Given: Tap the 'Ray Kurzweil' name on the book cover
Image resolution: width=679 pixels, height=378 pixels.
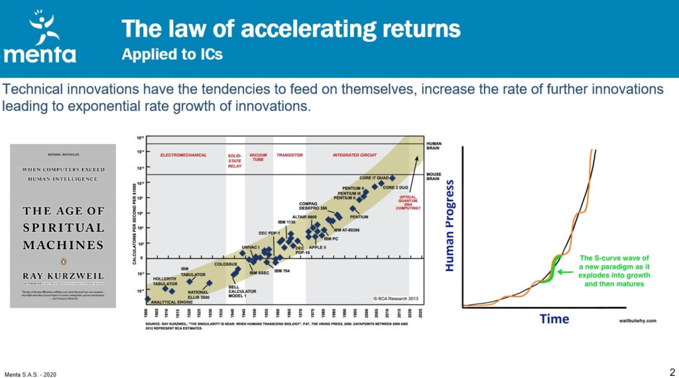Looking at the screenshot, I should pyautogui.click(x=63, y=274).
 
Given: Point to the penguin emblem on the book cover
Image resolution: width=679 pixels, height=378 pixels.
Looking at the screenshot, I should pyautogui.click(x=62, y=260).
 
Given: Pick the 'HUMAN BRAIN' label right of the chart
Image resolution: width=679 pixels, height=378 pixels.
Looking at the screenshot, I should pyautogui.click(x=434, y=145).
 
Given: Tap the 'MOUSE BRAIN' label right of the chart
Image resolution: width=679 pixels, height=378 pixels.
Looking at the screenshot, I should pyautogui.click(x=434, y=177).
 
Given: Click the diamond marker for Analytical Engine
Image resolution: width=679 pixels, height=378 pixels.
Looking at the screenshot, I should pyautogui.click(x=147, y=299).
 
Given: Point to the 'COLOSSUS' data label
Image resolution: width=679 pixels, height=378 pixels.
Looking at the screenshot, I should pyautogui.click(x=225, y=264).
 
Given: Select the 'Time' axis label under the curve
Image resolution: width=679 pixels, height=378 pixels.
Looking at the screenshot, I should pyautogui.click(x=554, y=319).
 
